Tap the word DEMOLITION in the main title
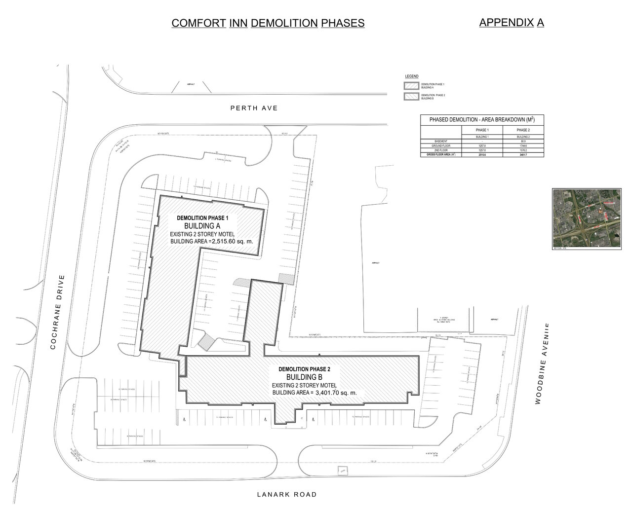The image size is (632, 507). point(284,23)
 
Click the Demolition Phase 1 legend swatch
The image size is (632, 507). point(411,85)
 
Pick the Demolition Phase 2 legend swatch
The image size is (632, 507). point(411,96)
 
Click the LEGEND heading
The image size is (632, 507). point(412,76)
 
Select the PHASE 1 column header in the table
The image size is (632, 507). point(482,130)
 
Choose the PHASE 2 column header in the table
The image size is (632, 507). point(523,130)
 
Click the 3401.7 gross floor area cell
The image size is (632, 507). point(523,155)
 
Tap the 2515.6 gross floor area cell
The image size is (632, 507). point(482,155)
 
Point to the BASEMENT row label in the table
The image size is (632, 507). point(440,141)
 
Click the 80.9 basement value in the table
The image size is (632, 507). point(523,141)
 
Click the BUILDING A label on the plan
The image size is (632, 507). point(202,225)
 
